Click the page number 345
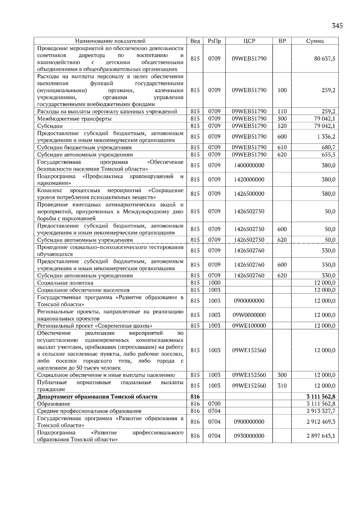point(337,26)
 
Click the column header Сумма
point(315,41)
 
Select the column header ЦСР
point(249,41)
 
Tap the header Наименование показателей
point(110,41)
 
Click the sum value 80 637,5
point(325,59)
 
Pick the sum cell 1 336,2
point(326,137)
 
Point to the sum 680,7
point(328,147)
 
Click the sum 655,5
point(328,155)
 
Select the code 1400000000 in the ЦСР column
point(249,165)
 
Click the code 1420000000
point(249,180)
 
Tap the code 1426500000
point(249,194)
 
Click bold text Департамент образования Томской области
point(97,397)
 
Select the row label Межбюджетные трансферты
point(74,119)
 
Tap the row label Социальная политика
point(65,283)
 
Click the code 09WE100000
point(249,326)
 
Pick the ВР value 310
point(282,386)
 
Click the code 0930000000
point(249,436)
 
